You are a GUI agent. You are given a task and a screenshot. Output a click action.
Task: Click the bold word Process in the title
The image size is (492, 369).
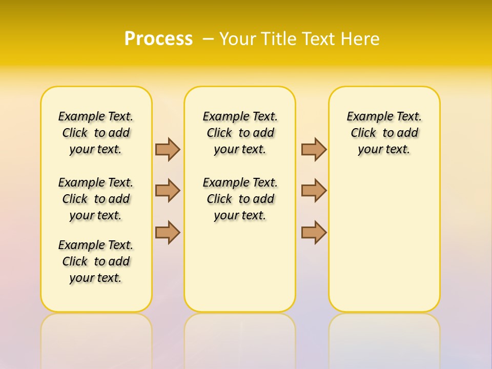158,39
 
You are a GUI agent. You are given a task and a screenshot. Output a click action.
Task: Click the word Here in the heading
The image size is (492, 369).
360,39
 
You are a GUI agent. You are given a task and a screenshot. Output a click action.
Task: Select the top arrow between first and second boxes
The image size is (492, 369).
168,149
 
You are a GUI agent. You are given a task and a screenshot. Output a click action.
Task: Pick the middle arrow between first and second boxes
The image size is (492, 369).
168,191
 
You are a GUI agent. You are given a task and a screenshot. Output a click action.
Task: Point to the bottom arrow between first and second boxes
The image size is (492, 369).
168,232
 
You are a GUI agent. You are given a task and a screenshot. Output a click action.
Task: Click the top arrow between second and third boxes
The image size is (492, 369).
314,149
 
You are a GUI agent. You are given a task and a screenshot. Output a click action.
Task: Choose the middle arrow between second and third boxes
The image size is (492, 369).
314,191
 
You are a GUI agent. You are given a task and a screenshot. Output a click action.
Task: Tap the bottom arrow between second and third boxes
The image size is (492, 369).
314,232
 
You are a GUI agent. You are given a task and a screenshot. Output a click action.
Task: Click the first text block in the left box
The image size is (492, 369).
96,133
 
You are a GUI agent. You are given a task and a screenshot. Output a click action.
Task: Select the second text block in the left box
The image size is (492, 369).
96,199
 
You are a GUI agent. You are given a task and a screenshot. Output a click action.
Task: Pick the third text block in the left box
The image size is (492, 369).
96,261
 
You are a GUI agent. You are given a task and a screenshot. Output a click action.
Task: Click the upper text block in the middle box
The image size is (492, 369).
240,133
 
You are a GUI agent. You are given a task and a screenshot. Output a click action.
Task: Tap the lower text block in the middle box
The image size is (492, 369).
240,199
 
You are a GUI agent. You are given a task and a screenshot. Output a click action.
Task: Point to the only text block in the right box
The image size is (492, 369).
384,133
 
